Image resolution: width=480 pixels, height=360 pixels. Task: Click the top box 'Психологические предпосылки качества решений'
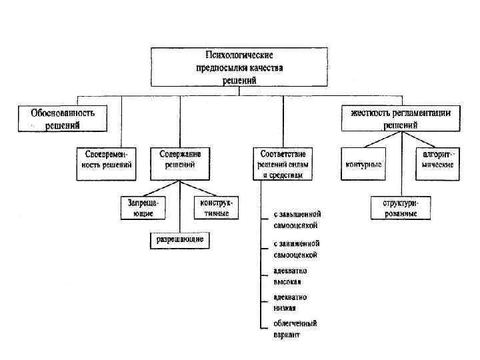[239, 67]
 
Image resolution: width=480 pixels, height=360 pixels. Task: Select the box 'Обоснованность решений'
[63, 119]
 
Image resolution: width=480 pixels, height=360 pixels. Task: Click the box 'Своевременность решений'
[105, 163]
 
